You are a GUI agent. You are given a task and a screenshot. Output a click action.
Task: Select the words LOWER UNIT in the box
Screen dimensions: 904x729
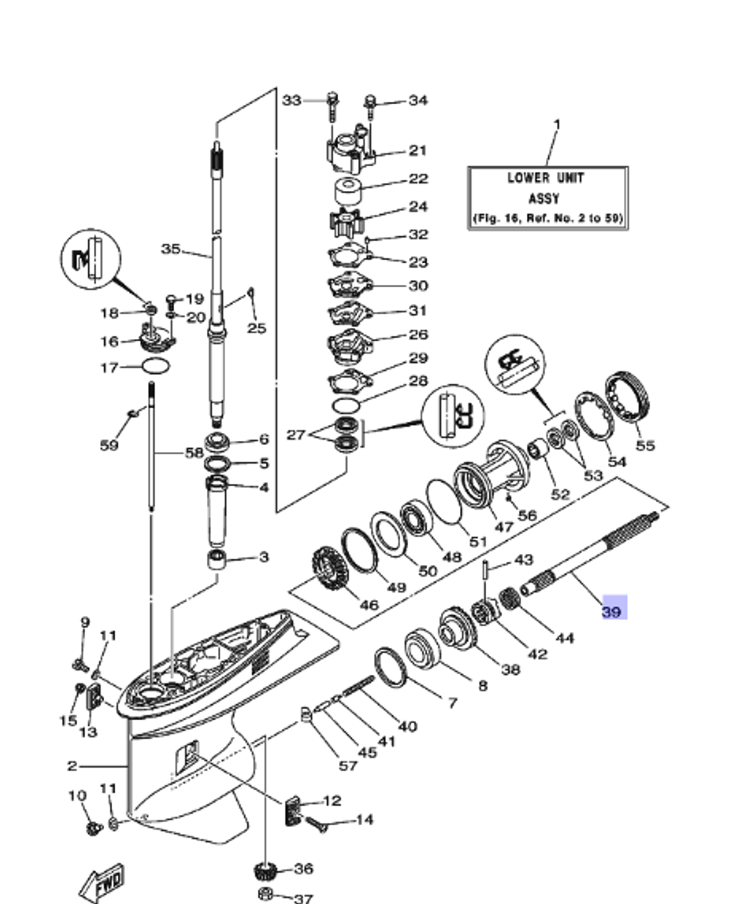[x=546, y=178]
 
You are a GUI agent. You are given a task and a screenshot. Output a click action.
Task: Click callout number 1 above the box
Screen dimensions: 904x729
[x=557, y=125]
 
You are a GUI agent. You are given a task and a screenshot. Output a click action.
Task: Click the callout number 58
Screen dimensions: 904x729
[x=193, y=453]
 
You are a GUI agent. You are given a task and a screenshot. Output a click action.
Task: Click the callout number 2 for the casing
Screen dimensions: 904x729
[x=71, y=766]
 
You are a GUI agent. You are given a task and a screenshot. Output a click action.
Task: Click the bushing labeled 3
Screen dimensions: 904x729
[x=217, y=560]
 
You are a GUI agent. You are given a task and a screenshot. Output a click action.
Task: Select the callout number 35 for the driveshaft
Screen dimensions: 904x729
[x=171, y=249]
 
